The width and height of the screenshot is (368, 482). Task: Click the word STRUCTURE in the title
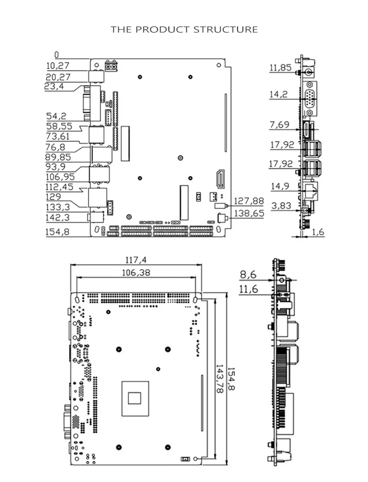pyautogui.click(x=226, y=29)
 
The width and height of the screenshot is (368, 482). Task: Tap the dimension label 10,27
pyautogui.click(x=58, y=66)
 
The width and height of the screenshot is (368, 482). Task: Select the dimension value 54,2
pyautogui.click(x=56, y=116)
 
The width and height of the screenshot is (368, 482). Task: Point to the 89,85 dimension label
pyautogui.click(x=58, y=157)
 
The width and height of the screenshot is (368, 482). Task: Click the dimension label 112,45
pyautogui.click(x=59, y=187)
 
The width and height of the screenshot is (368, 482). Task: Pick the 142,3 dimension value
pyautogui.click(x=57, y=218)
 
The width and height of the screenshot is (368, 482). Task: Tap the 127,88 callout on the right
pyautogui.click(x=249, y=201)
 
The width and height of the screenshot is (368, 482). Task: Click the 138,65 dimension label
pyautogui.click(x=249, y=213)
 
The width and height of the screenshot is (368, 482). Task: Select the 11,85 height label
pyautogui.click(x=280, y=68)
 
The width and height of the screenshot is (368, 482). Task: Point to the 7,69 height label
pyautogui.click(x=279, y=125)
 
